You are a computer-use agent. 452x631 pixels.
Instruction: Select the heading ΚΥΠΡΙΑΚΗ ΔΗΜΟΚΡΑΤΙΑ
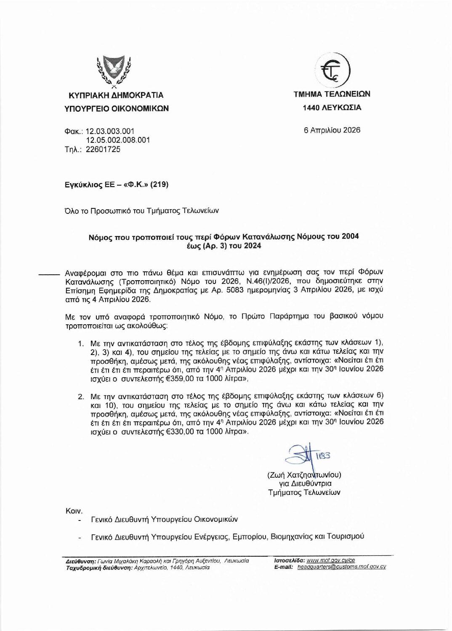click(x=117, y=95)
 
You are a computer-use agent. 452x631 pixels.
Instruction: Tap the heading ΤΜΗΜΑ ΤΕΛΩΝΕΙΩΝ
click(x=332, y=94)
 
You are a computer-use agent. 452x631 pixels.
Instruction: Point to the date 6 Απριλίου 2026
click(x=332, y=130)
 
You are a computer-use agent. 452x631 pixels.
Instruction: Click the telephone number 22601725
click(x=103, y=149)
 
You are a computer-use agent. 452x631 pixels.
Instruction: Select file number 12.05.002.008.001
click(x=118, y=140)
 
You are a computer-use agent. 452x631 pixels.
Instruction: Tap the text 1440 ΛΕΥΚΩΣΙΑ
click(x=332, y=108)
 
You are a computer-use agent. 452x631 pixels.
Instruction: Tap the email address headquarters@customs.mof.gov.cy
click(x=341, y=567)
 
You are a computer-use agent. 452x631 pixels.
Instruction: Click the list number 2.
click(x=81, y=396)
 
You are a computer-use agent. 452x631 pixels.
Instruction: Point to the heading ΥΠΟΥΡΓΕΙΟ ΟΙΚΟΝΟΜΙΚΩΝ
click(x=117, y=108)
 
